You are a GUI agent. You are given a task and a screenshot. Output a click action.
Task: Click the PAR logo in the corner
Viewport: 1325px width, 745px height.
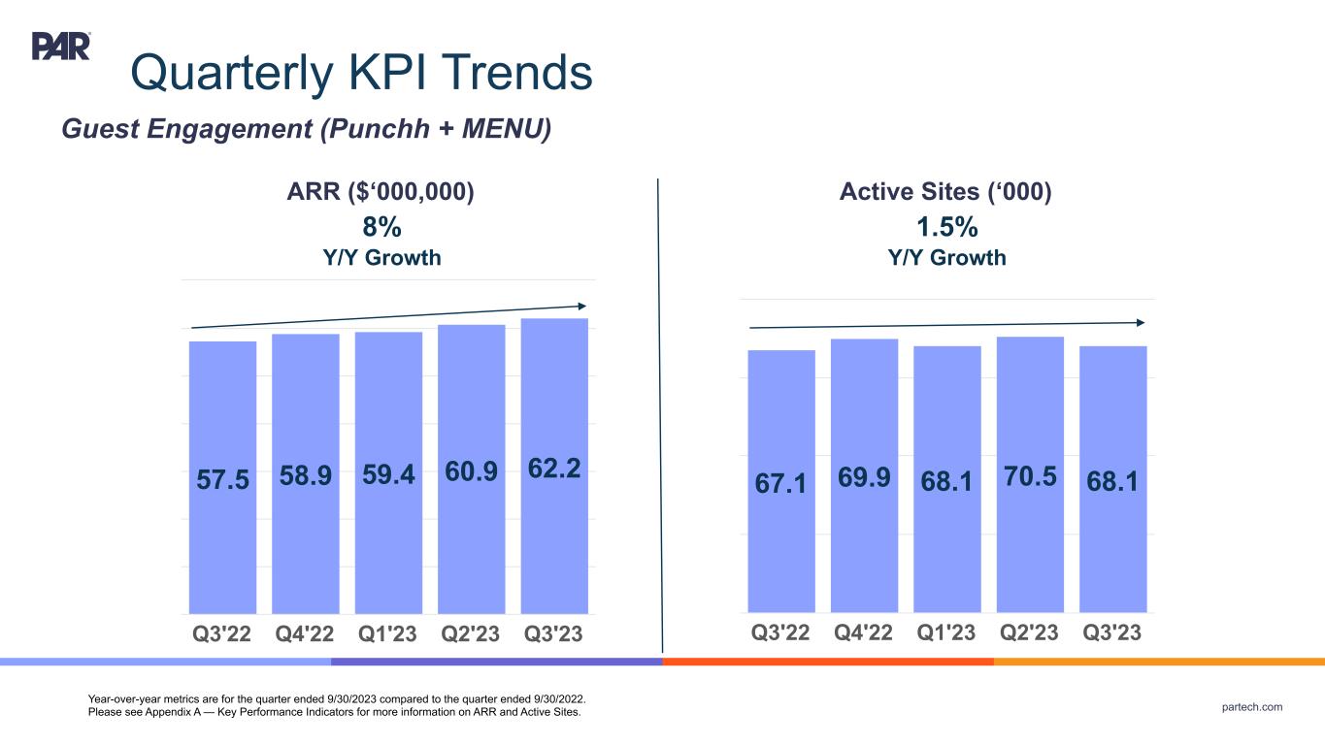(x=61, y=46)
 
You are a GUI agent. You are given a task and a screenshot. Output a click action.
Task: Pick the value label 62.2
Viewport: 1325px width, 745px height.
(x=554, y=470)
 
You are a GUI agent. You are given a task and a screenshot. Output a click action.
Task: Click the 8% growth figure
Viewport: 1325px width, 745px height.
(x=381, y=227)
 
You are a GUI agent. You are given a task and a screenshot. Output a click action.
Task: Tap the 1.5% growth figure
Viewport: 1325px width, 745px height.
(x=946, y=227)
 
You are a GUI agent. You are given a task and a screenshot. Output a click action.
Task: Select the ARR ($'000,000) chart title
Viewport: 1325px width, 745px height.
(x=381, y=193)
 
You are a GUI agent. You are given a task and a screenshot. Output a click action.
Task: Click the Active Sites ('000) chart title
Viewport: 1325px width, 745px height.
(x=946, y=193)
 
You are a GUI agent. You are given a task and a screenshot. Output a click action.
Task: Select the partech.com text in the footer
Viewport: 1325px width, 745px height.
(x=1252, y=707)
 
